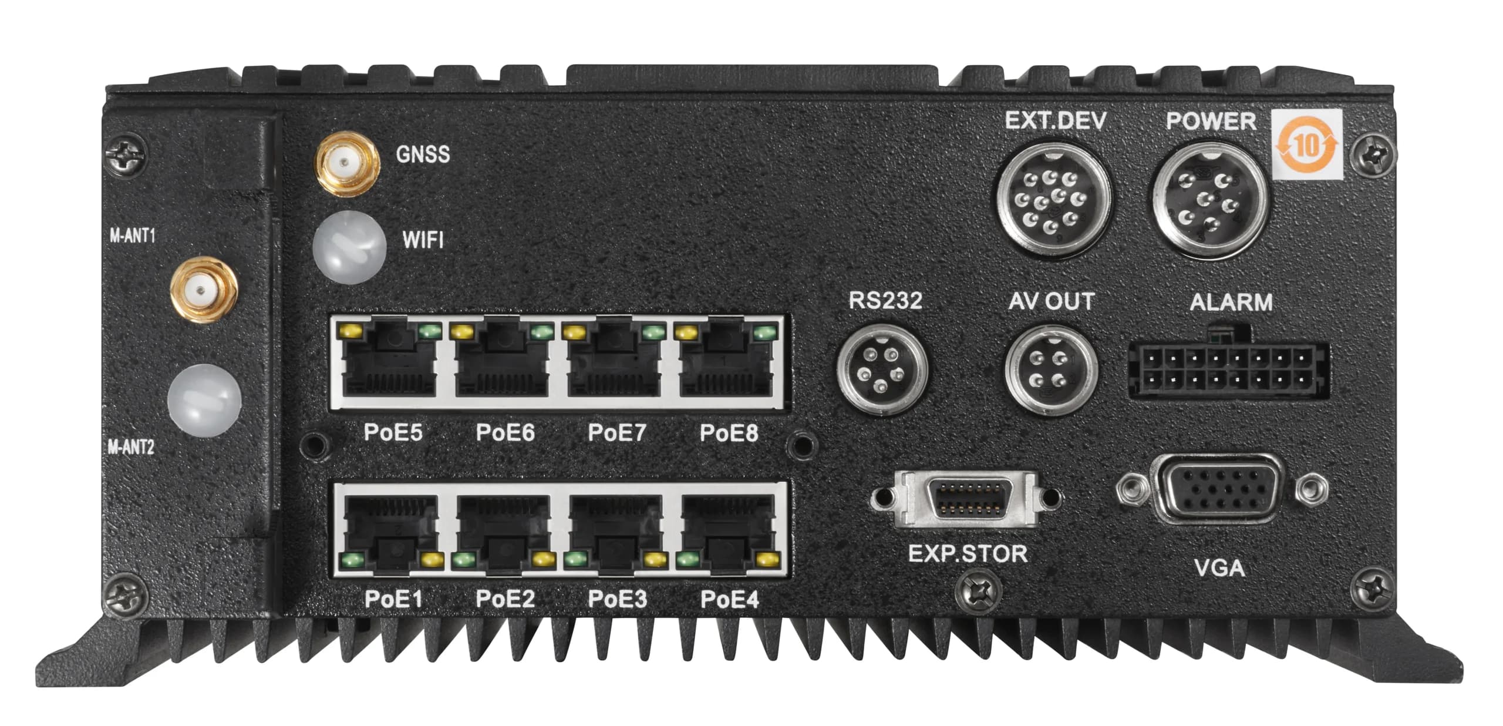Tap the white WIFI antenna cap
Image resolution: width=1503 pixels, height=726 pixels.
point(350,247)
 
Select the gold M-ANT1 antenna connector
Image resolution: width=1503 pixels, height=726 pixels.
point(203,290)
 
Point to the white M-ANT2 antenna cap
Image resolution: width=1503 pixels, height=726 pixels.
point(204,399)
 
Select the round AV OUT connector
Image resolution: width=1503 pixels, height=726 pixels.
point(1052,370)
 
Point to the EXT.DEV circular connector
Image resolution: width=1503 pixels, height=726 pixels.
point(1055,200)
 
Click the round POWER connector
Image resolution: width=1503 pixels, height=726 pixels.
point(1211,200)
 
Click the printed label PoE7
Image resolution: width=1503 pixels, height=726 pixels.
point(616,433)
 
